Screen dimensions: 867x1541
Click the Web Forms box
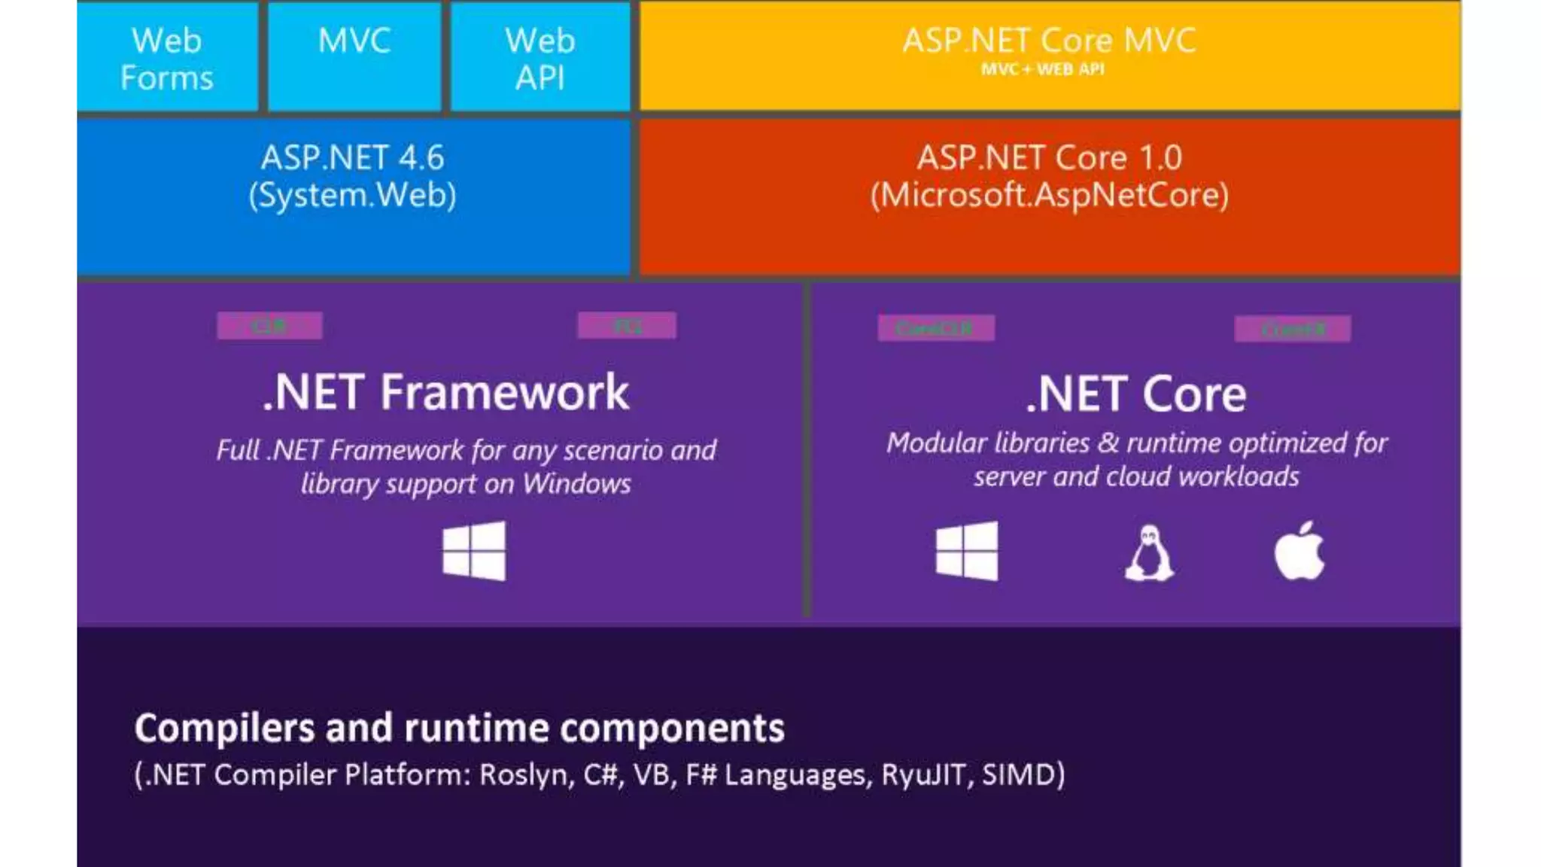pyautogui.click(x=167, y=58)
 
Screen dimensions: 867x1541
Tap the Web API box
pyautogui.click(x=540, y=58)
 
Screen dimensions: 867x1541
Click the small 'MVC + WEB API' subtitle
pyautogui.click(x=1043, y=69)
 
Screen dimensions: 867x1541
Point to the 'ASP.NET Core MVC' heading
pyautogui.click(x=1049, y=40)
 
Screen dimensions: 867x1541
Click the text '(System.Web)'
pyautogui.click(x=353, y=196)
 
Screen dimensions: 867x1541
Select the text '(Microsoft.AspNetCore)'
pyautogui.click(x=1050, y=196)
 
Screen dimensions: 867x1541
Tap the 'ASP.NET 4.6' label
pyautogui.click(x=353, y=158)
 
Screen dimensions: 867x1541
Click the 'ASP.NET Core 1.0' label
pyautogui.click(x=1050, y=158)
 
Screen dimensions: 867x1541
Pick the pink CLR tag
pyautogui.click(x=269, y=326)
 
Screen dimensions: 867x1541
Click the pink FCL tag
pyautogui.click(x=627, y=326)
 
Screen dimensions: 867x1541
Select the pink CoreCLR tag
pyautogui.click(x=936, y=328)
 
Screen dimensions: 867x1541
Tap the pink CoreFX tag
pyautogui.click(x=1293, y=329)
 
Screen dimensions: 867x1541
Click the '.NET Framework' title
pyautogui.click(x=445, y=392)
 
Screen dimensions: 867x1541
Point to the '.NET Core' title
pyautogui.click(x=1136, y=394)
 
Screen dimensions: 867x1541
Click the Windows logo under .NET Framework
pyautogui.click(x=474, y=551)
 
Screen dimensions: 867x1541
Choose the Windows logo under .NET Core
pyautogui.click(x=967, y=551)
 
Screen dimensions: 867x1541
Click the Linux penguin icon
pyautogui.click(x=1150, y=553)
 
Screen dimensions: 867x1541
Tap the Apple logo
pyautogui.click(x=1299, y=551)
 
